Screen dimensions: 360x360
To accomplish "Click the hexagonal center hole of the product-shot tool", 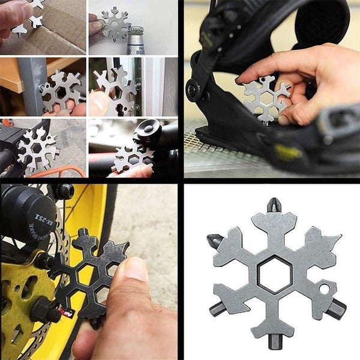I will (275, 274).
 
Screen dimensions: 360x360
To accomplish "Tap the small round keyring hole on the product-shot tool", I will (325, 289).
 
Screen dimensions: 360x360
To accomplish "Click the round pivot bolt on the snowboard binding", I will (194, 90).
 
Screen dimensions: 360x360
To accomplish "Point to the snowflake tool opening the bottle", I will (115, 23).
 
